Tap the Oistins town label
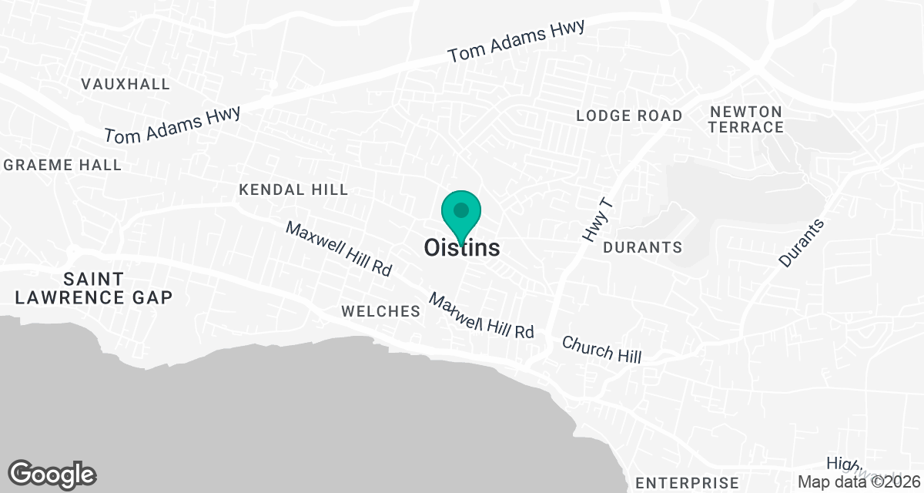click(461, 248)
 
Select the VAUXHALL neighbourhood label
click(126, 84)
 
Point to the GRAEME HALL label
click(62, 165)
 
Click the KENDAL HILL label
click(293, 189)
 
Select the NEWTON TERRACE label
click(745, 119)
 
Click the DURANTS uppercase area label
click(642, 247)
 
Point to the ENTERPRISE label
click(687, 483)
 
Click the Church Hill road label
click(601, 349)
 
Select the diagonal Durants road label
click(801, 243)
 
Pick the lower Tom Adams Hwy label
click(172, 125)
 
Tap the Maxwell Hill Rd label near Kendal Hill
click(339, 249)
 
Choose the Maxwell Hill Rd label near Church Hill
click(481, 316)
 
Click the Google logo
click(52, 474)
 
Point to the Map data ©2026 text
click(859, 482)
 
